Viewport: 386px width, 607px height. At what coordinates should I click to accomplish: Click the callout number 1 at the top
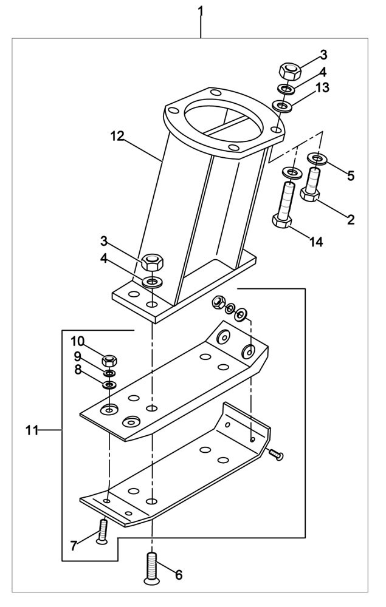[201, 12]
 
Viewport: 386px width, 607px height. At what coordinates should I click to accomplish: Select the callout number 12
[117, 135]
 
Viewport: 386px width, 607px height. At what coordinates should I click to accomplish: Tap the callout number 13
[322, 88]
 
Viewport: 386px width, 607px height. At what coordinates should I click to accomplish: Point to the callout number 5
[351, 177]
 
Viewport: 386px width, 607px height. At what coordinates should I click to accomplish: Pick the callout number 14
[315, 242]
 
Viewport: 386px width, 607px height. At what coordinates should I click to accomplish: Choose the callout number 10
[79, 341]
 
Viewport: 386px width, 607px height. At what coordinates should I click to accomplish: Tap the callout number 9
[78, 356]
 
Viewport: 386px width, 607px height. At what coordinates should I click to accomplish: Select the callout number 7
[74, 546]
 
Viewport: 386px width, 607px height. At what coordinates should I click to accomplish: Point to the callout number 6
[179, 574]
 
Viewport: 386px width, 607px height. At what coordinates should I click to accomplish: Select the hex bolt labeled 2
[312, 185]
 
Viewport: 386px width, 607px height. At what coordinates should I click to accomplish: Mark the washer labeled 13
[283, 107]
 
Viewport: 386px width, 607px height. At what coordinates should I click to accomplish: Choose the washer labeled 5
[317, 159]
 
